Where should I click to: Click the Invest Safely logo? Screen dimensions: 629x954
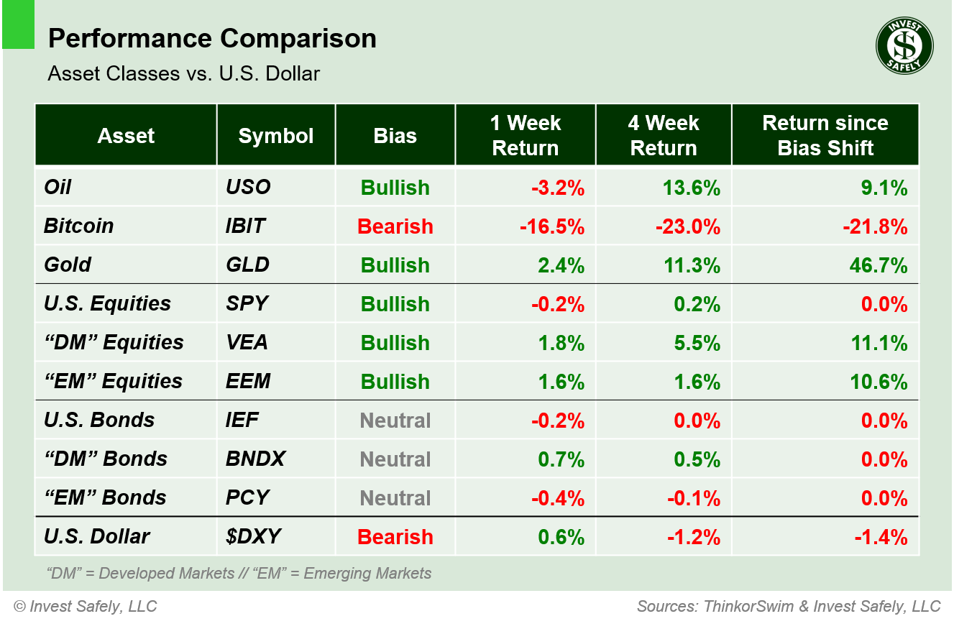click(904, 46)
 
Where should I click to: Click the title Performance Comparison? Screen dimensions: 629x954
click(212, 39)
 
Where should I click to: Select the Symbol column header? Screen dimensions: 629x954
click(276, 136)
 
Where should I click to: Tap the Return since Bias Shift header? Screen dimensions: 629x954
click(825, 135)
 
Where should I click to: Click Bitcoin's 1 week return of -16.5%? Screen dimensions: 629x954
click(551, 226)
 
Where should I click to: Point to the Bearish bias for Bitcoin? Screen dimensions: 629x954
click(395, 226)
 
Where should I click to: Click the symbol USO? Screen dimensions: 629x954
click(248, 188)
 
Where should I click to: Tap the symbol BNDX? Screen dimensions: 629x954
click(255, 459)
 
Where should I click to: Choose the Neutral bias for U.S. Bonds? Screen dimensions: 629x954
click(395, 421)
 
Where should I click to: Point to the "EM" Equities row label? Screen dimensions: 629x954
click(113, 382)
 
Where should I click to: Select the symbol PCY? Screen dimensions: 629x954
click(247, 498)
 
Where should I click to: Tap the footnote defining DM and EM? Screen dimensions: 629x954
click(238, 574)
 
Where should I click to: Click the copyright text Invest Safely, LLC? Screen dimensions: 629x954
click(85, 607)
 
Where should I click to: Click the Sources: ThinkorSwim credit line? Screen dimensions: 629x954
click(788, 607)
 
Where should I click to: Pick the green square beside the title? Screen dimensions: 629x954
click(18, 24)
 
